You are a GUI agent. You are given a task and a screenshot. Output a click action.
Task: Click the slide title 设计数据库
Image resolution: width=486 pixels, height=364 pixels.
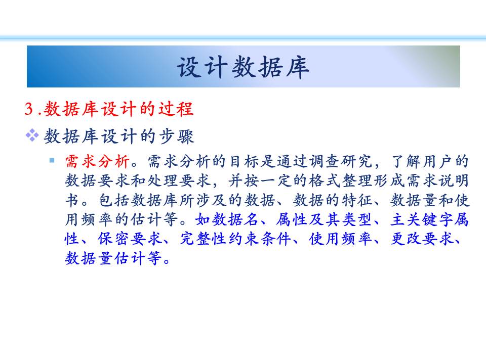[243, 67]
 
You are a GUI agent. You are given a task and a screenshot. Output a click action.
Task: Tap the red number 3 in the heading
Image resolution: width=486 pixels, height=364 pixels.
[29, 109]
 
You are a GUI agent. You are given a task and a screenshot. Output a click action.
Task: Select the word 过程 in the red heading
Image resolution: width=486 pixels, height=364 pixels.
[176, 109]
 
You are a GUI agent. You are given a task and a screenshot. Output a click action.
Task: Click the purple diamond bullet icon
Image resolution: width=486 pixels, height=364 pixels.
[32, 135]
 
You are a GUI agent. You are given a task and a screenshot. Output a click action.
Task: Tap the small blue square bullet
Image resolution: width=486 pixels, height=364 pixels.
[52, 160]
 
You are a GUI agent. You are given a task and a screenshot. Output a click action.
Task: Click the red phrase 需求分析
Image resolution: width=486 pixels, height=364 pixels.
[97, 161]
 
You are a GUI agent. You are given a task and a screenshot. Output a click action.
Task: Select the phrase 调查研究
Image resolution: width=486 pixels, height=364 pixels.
[341, 161]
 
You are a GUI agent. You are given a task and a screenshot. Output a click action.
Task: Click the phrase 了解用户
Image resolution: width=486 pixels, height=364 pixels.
[422, 161]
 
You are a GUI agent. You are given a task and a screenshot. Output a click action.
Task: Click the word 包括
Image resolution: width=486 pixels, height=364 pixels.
[114, 200]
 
